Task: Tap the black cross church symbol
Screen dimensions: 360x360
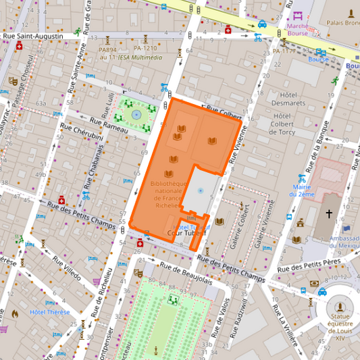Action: tap(329, 214)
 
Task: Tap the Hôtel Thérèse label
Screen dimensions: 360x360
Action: tap(49, 311)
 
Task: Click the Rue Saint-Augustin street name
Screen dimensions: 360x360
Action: tap(33, 36)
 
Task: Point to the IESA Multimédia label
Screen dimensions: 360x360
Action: tap(140, 57)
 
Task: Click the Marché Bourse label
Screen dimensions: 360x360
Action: tap(298, 28)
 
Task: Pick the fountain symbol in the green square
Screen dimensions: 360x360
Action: tap(136, 115)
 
